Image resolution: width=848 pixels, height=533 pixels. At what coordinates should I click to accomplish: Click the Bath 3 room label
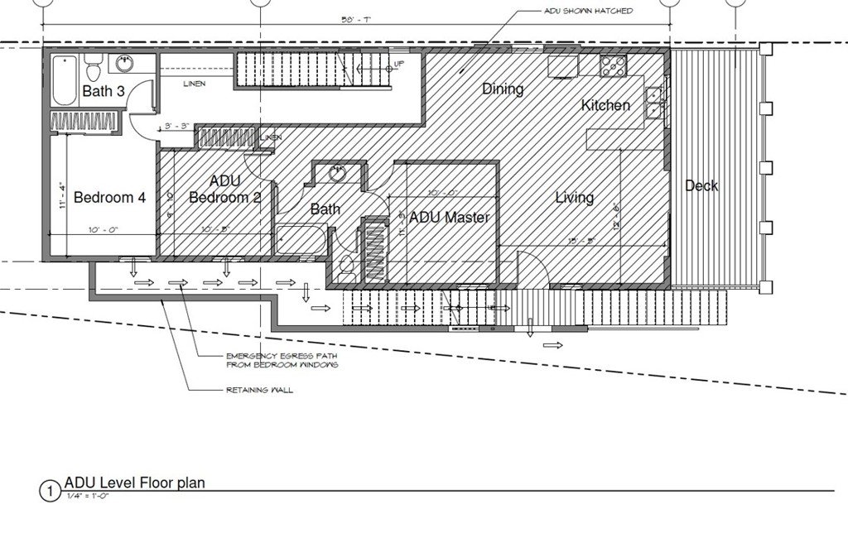[104, 91]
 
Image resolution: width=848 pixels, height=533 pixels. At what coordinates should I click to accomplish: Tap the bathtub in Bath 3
[65, 79]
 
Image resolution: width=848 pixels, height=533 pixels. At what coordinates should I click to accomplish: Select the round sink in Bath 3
[125, 63]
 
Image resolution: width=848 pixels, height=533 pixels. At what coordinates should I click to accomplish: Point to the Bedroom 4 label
[109, 198]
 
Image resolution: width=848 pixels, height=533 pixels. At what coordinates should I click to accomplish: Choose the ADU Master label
[450, 218]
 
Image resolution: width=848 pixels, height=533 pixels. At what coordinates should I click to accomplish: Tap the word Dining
[503, 89]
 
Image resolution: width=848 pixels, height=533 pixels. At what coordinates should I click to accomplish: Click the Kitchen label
[605, 105]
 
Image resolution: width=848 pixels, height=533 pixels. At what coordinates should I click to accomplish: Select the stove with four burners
[613, 65]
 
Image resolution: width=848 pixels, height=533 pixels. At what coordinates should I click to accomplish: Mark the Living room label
[574, 198]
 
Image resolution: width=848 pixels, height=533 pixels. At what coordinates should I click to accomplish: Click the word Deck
[701, 186]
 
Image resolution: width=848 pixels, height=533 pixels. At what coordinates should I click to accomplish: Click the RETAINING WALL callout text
[259, 390]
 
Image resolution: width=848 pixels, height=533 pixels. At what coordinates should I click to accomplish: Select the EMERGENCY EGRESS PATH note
[282, 360]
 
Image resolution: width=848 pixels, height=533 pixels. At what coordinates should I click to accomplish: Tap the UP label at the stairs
[399, 64]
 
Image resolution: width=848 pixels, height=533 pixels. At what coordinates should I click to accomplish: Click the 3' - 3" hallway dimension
[177, 127]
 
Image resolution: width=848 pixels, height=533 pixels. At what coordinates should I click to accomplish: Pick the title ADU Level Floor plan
[135, 483]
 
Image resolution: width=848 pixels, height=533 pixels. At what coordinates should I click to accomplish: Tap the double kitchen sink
[653, 101]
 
